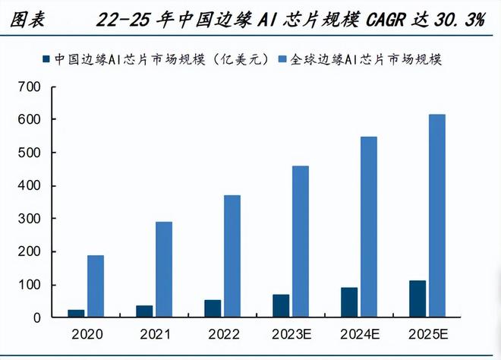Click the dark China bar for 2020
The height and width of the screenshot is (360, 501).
[76, 314]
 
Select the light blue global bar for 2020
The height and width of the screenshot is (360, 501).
[96, 286]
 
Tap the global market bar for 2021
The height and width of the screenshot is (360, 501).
[164, 270]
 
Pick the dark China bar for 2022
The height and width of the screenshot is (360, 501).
[213, 308]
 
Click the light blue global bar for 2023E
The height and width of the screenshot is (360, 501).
[301, 242]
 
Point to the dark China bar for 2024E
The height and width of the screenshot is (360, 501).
[349, 302]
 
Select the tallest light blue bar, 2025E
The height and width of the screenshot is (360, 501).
[437, 216]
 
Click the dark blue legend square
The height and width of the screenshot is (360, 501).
[48, 59]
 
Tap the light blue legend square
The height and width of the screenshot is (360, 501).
[282, 59]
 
